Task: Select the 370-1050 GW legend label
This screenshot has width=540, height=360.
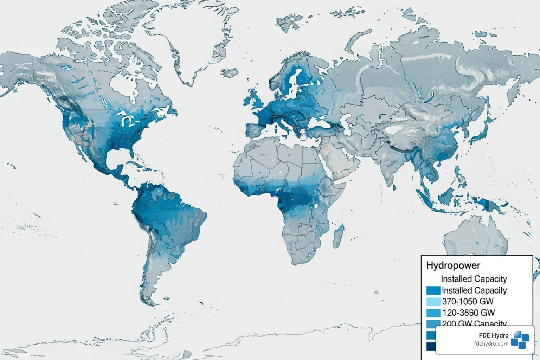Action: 468,302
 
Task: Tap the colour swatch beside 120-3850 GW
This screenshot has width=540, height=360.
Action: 433,313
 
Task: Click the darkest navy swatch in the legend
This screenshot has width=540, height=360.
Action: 431,346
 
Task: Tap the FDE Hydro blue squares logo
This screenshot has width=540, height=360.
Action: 520,340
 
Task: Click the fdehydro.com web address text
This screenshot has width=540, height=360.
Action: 491,344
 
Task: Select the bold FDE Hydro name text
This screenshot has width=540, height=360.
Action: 494,335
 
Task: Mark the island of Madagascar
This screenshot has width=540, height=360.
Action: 338,234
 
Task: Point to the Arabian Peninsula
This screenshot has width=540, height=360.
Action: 343,160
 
